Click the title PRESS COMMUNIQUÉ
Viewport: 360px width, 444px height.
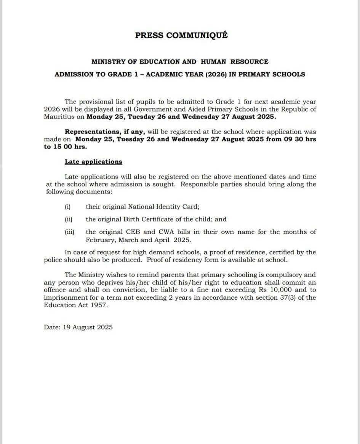pos(181,35)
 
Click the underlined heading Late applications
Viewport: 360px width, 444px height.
pos(93,162)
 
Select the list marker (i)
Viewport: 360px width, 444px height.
pos(68,207)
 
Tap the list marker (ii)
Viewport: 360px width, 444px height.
pos(69,219)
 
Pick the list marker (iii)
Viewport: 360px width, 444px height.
pos(69,232)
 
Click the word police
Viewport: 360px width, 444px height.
pos(53,260)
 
